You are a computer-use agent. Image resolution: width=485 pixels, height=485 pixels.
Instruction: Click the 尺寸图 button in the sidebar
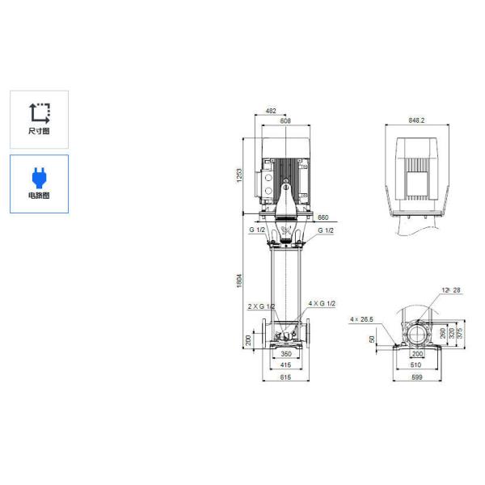(39, 118)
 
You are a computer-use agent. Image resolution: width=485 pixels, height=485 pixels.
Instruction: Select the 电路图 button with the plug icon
(39, 183)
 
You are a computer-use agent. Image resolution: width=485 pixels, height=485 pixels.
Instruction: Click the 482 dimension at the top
(272, 111)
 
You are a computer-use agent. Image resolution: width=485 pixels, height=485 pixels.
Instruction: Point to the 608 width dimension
(285, 121)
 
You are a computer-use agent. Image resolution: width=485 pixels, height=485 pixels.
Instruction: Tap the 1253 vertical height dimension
(239, 175)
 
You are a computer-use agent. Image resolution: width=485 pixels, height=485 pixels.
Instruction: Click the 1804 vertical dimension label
(239, 279)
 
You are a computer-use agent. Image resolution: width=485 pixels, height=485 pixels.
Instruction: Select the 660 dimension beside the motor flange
(323, 218)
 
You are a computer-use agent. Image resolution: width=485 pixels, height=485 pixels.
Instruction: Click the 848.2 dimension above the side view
(416, 121)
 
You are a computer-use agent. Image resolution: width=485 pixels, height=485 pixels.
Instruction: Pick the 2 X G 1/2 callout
(261, 306)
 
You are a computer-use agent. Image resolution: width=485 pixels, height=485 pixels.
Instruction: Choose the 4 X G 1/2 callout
(322, 303)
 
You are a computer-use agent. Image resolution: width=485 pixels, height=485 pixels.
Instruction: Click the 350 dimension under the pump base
(285, 355)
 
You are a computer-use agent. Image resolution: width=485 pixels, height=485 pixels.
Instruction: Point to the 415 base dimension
(285, 366)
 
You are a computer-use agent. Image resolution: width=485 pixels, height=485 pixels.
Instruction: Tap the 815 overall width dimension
(285, 377)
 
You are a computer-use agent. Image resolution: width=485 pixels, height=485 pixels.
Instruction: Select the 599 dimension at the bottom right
(417, 377)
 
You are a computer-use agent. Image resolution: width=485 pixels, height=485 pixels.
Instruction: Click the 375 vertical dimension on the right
(461, 331)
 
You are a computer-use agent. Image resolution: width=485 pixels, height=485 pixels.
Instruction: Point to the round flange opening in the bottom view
(417, 333)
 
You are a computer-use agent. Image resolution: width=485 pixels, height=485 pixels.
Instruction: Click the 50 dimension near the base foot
(373, 339)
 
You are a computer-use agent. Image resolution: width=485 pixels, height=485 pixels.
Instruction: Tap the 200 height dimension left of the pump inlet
(249, 338)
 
